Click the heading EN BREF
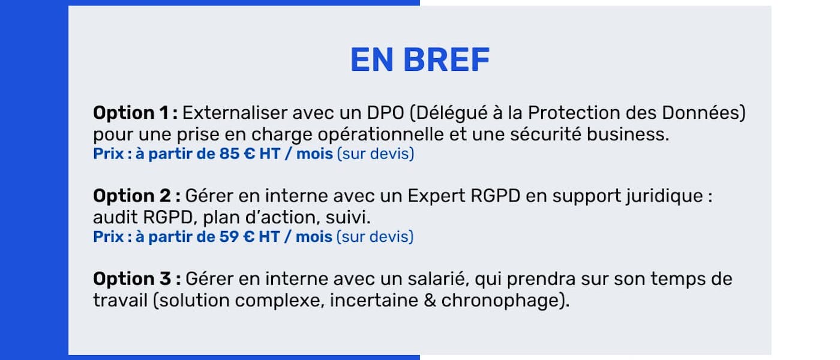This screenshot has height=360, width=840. point(420,59)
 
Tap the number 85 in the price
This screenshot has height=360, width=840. point(229,154)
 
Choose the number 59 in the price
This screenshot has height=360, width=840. point(229,237)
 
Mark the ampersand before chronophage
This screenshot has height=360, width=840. point(430,300)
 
